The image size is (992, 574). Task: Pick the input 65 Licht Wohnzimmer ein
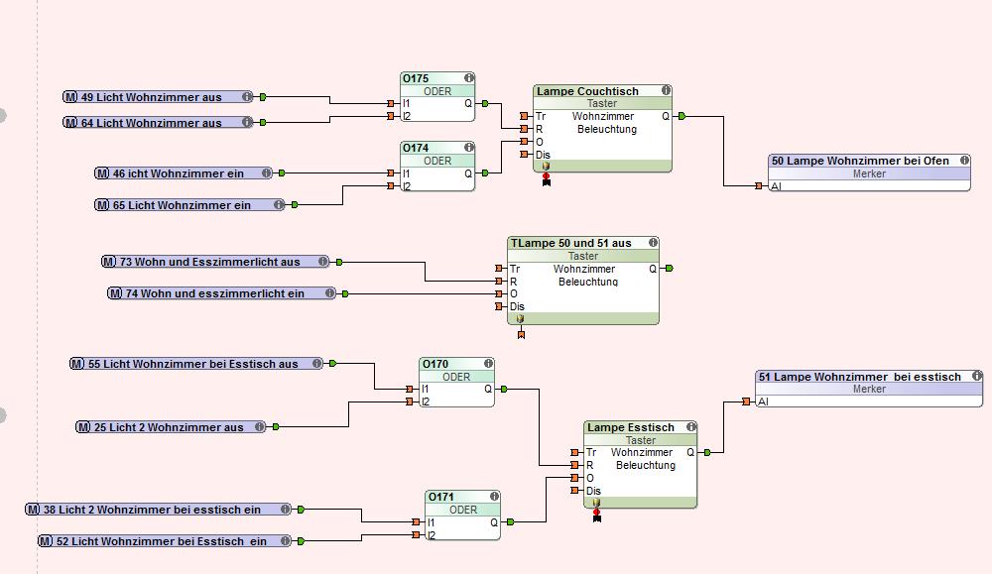(188, 205)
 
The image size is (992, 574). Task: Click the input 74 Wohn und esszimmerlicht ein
(222, 293)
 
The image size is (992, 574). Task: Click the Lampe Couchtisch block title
(588, 91)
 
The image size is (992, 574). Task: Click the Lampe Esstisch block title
(631, 427)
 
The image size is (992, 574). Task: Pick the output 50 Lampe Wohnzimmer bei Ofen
(860, 161)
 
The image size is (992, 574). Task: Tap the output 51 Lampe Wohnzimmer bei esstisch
(859, 377)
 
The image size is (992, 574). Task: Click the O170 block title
(436, 364)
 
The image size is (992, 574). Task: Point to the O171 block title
(442, 497)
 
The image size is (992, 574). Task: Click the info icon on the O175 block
(468, 78)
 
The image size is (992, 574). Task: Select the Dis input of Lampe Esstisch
(593, 491)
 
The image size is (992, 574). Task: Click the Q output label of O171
(494, 522)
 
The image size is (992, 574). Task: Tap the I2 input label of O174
(407, 185)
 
